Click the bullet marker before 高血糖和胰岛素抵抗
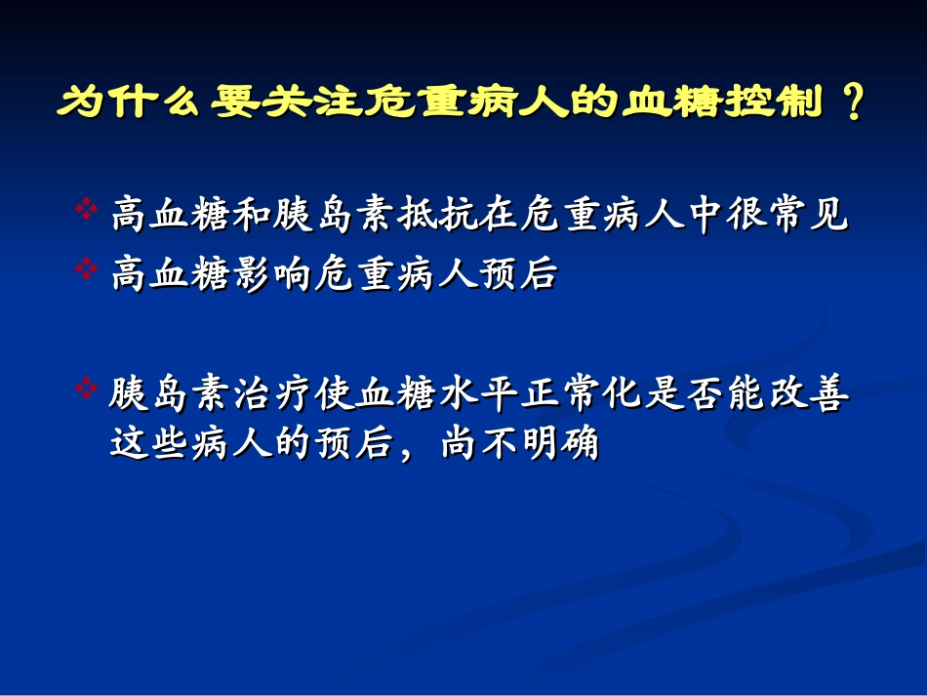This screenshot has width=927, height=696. (x=86, y=210)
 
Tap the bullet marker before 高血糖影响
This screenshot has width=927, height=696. (x=86, y=266)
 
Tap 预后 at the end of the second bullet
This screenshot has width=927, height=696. (x=520, y=272)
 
